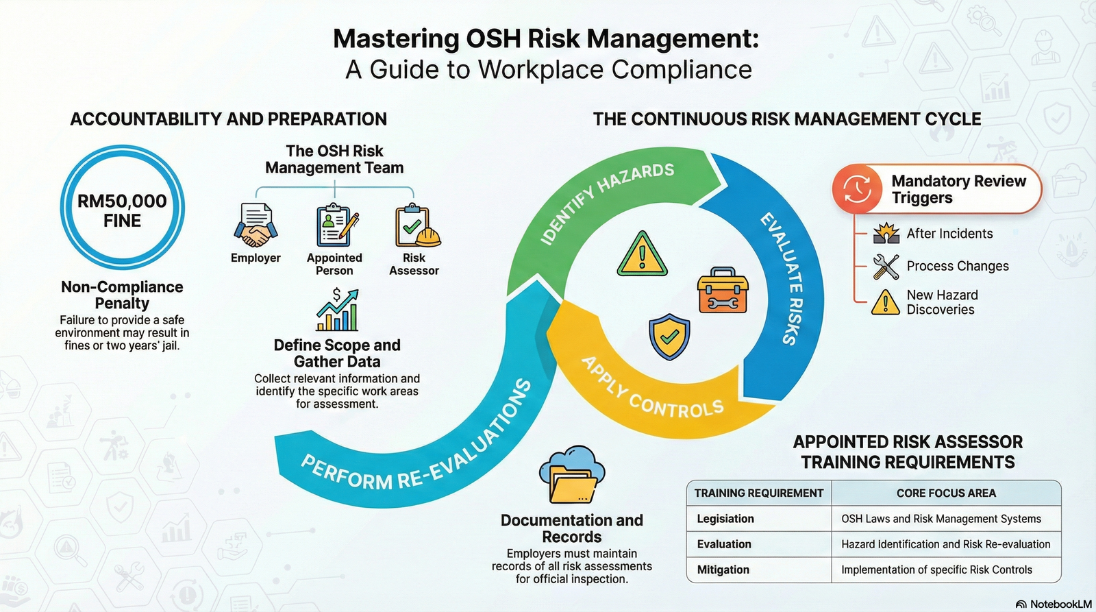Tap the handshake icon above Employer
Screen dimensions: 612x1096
(x=256, y=226)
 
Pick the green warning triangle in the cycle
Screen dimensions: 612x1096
(x=642, y=255)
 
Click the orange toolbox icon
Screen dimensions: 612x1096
(x=723, y=291)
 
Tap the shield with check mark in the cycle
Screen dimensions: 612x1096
(x=669, y=336)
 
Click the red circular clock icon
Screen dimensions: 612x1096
(x=857, y=188)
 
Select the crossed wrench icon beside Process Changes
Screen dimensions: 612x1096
(x=886, y=267)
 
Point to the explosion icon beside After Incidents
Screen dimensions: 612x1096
(x=886, y=234)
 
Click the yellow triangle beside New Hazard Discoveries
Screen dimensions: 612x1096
(x=886, y=302)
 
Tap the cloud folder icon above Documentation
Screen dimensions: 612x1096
(x=572, y=475)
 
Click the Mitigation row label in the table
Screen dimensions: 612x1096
(x=723, y=570)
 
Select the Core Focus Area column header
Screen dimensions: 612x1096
(x=946, y=493)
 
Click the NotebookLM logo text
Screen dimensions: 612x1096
(x=1060, y=604)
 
